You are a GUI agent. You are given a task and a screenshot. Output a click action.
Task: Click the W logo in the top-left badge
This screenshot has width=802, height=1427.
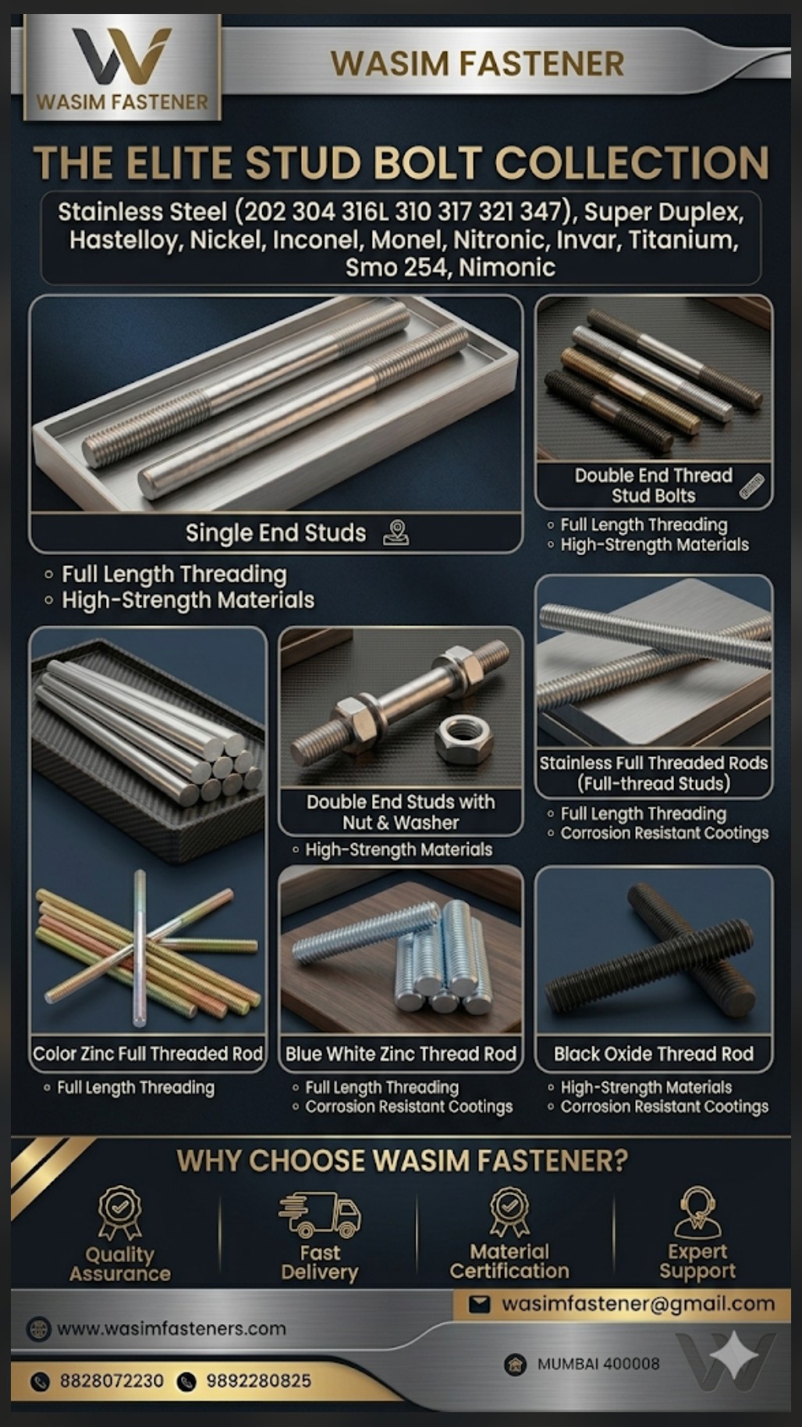coord(122,56)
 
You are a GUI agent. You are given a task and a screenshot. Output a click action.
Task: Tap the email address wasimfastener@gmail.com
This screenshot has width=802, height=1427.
coord(637,1304)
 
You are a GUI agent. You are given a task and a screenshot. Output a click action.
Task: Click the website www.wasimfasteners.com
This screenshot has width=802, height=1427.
coord(172,1329)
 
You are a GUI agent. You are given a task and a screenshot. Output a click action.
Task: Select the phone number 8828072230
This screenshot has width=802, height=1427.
coord(112,1381)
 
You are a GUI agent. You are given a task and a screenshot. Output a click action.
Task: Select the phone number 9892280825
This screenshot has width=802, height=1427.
coord(258,1381)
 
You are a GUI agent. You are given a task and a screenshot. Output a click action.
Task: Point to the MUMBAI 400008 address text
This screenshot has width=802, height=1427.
coord(598,1364)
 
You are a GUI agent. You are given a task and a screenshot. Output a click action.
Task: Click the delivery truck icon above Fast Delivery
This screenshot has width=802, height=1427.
coord(320,1214)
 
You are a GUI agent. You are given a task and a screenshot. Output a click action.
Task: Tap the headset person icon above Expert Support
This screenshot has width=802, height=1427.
coord(697,1212)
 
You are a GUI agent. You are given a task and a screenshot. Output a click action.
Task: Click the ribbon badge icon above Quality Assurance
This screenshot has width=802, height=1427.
coord(119,1213)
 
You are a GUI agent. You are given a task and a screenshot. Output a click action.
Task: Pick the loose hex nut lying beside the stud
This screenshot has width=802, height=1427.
coord(463,738)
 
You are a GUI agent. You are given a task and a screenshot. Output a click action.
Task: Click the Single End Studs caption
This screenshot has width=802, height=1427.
coord(275,533)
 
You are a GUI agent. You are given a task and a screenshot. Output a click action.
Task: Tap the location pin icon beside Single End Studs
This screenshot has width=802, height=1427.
coord(396,532)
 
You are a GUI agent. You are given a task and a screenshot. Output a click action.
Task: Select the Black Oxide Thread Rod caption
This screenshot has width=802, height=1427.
coord(654,1054)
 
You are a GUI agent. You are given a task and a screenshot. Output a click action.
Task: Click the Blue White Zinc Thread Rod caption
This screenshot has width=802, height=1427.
coord(401,1054)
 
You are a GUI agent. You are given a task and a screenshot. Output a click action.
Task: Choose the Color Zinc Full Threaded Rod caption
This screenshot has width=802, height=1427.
coord(147,1054)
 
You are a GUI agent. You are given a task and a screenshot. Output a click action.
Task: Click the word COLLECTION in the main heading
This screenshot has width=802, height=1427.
coord(632,162)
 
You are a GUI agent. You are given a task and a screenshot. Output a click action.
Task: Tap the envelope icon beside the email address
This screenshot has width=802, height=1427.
coord(479,1304)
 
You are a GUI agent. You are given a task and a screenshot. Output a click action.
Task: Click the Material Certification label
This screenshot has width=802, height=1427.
coord(509,1262)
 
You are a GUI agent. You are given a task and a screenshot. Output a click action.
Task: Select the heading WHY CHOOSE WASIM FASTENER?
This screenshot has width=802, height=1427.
coord(402,1161)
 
